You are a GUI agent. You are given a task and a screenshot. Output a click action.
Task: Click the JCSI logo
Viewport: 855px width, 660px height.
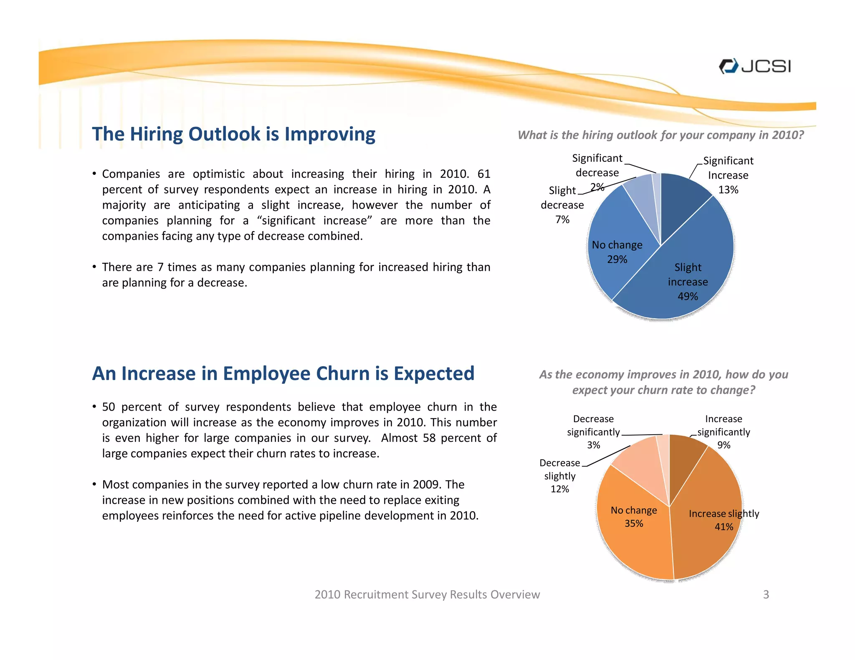pos(754,66)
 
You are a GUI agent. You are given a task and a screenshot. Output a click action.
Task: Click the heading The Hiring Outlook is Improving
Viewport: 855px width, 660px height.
pos(233,134)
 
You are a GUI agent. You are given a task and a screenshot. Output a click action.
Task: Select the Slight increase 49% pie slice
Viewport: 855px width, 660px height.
pos(685,275)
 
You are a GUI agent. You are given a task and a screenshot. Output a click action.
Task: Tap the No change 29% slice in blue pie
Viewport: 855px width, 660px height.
pos(614,250)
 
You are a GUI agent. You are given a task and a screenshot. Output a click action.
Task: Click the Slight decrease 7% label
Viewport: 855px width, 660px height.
pos(562,205)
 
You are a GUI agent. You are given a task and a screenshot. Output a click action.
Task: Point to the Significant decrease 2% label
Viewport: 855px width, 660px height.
pos(597,172)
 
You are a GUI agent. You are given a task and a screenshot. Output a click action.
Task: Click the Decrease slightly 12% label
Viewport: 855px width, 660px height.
pos(559,476)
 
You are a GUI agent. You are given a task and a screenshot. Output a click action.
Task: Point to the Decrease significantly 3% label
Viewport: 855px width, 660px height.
pos(593,432)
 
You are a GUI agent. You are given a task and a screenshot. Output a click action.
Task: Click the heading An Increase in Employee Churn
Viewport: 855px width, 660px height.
pos(283,374)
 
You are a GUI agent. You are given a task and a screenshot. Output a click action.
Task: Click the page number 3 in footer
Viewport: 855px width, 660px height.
pos(766,595)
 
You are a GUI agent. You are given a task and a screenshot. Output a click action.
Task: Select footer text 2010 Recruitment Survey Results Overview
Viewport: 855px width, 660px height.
pos(427,595)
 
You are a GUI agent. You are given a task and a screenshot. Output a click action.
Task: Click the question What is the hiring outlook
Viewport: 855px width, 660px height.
pos(660,135)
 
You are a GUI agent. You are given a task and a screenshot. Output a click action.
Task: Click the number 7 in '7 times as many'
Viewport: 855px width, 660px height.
pos(160,267)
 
